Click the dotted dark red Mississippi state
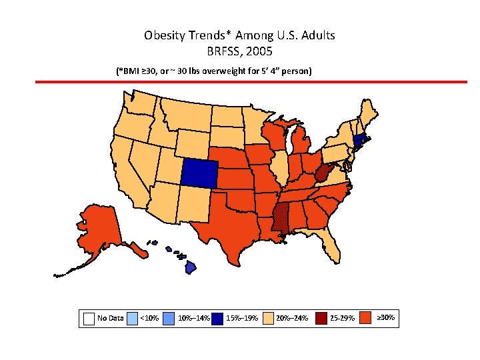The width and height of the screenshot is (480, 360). point(280,217)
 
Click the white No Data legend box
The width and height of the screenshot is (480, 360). point(89,319)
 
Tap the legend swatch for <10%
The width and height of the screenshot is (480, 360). point(133,319)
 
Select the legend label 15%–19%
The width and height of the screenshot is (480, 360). point(243,319)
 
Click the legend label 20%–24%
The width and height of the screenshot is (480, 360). point(292,319)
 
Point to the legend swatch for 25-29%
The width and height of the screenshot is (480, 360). point(321,319)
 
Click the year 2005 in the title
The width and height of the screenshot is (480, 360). point(259,51)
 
